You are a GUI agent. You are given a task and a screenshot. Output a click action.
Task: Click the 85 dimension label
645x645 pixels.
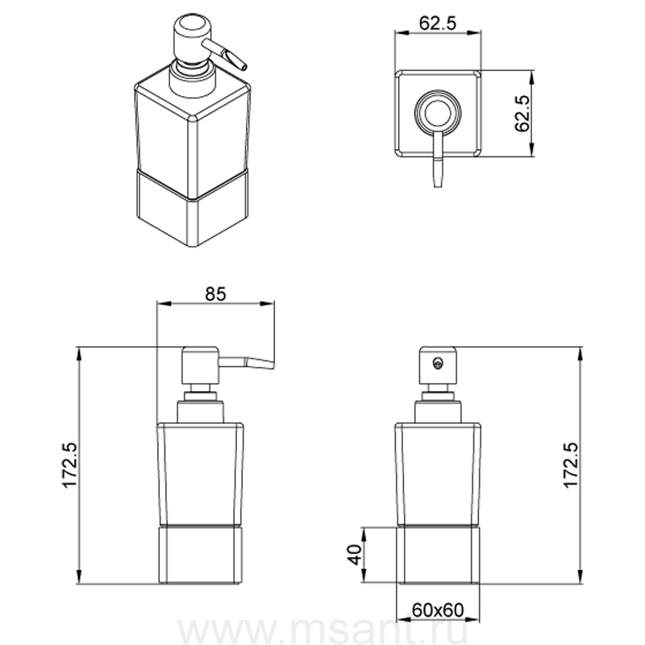[215, 293]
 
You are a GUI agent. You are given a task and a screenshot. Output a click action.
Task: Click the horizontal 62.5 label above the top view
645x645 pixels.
[438, 23]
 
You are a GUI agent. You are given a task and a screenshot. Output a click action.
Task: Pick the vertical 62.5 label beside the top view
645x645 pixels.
[522, 114]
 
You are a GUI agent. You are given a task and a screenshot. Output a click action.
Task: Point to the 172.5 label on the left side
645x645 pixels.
[70, 465]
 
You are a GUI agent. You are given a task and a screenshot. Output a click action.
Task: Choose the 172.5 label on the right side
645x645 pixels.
[571, 465]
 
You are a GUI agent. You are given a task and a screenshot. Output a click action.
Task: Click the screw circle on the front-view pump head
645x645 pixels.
[438, 363]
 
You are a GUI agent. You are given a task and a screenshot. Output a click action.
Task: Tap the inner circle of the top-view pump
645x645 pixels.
[439, 112]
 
